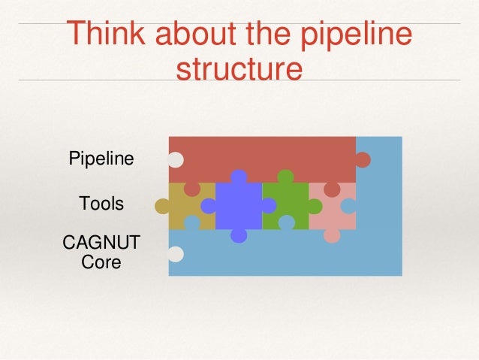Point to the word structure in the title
click(239, 69)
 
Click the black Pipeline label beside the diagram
click(101, 159)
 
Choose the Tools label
click(101, 204)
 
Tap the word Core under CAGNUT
click(101, 263)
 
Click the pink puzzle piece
click(330, 210)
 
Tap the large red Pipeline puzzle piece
click(263, 159)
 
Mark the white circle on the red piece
click(176, 160)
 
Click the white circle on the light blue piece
click(176, 254)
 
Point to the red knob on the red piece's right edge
click(363, 160)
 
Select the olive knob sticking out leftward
click(162, 206)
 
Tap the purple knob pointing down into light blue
click(239, 235)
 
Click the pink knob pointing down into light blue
click(332, 235)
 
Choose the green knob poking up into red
click(285, 177)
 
